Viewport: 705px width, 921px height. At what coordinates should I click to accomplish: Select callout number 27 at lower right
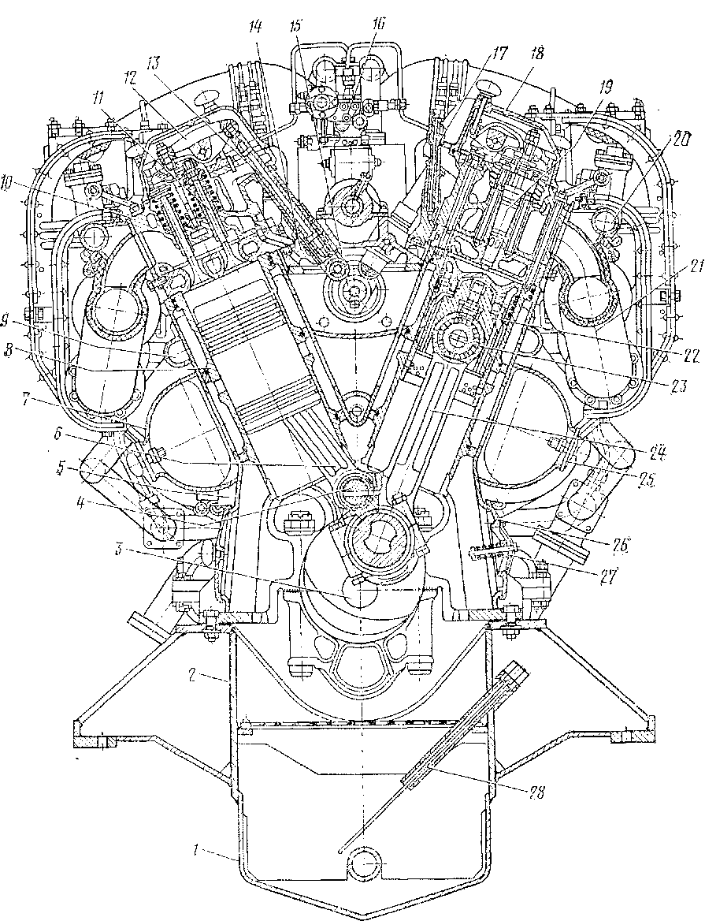607,575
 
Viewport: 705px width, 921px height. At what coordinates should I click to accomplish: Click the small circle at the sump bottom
367,865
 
